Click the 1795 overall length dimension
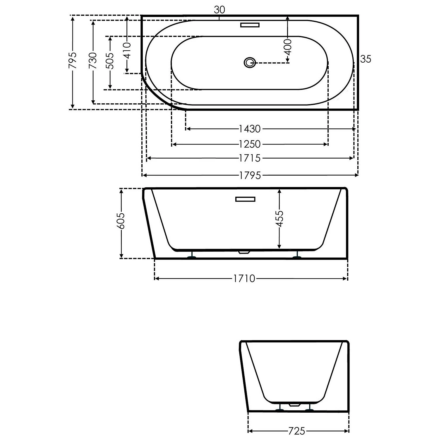pyautogui.click(x=250, y=175)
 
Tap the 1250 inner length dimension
pyautogui.click(x=250, y=144)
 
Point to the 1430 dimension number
pyautogui.click(x=250, y=129)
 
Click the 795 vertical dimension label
pyautogui.click(x=73, y=60)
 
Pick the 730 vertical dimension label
pyautogui.click(x=93, y=60)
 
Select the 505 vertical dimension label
pyautogui.click(x=110, y=61)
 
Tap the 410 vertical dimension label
pyautogui.click(x=127, y=50)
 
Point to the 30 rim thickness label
pyautogui.click(x=219, y=10)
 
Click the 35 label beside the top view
pyautogui.click(x=366, y=59)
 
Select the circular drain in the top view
pyautogui.click(x=249, y=62)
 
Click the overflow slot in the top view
pyautogui.click(x=250, y=25)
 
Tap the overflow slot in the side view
pyautogui.click(x=245, y=199)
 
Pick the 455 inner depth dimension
pyautogui.click(x=280, y=218)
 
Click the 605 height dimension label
pyautogui.click(x=121, y=221)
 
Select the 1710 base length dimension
pyautogui.click(x=244, y=279)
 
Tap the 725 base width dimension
pyautogui.click(x=296, y=431)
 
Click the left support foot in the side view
pyautogui.click(x=192, y=257)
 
